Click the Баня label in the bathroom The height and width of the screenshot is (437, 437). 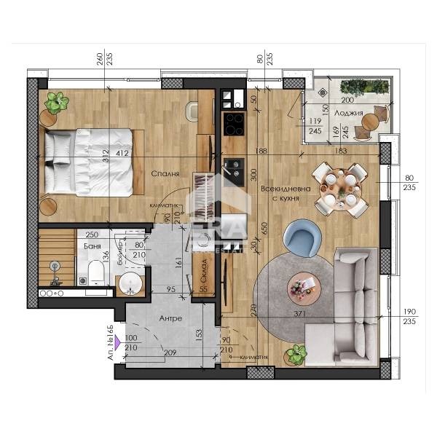tap(90, 248)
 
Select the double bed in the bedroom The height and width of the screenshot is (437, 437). tap(88, 161)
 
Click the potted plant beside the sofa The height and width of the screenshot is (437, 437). tap(296, 356)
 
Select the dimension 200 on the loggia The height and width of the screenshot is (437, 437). tap(347, 100)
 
